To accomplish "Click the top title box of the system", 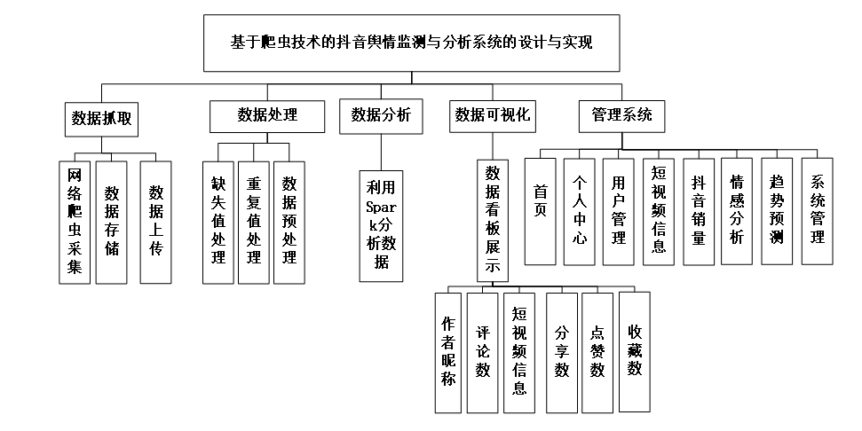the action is [x=411, y=43].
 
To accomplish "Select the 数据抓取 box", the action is [x=101, y=119].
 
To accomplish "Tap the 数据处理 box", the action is [x=267, y=116].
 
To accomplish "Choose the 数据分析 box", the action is [x=381, y=116].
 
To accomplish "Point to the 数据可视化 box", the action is [x=493, y=116].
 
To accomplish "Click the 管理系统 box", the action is [x=621, y=116].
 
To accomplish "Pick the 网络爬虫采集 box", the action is [x=75, y=223].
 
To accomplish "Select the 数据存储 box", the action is [x=112, y=223].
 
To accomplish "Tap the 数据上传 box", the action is [x=155, y=223].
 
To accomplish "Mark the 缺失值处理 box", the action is [x=218, y=223].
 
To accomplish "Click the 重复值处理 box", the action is [x=253, y=223].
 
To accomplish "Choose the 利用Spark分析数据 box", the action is [x=381, y=226].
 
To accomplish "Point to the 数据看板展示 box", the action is [x=493, y=221].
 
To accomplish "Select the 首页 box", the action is [x=541, y=211].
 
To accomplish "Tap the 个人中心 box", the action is [x=580, y=211].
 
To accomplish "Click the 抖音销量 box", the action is [x=699, y=211].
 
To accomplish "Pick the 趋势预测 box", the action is [x=777, y=211].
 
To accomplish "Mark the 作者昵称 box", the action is [x=448, y=352].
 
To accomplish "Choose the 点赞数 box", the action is [x=597, y=352].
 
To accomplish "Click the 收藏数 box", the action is [x=635, y=351].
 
